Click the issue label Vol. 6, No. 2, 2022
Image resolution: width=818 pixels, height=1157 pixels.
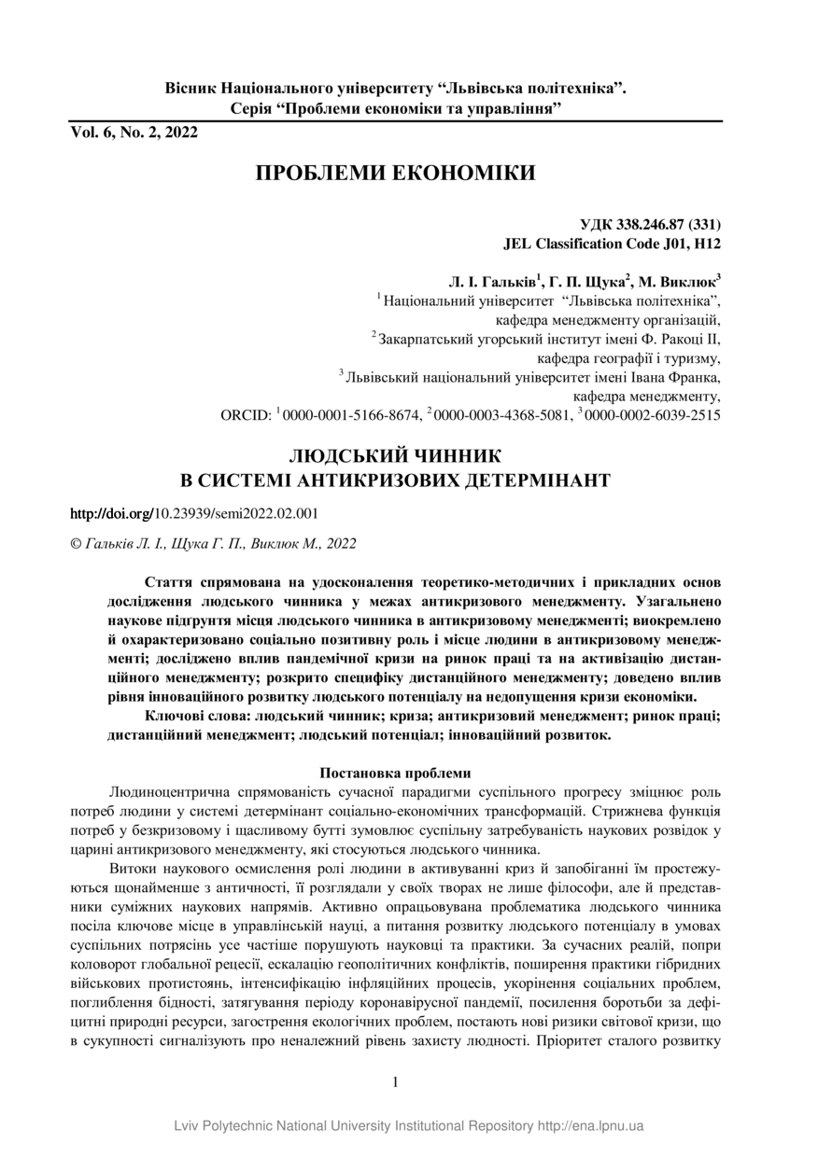point(134,132)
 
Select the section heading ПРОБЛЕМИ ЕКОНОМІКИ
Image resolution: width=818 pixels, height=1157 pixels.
point(395,174)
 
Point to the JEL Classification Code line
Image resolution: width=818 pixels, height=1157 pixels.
point(611,244)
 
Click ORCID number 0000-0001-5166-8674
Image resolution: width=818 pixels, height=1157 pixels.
point(351,415)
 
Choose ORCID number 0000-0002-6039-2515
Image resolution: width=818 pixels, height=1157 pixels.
point(653,415)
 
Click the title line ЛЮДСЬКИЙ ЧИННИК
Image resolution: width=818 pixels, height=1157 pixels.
point(395,456)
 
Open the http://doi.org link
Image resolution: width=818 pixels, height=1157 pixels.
point(111,513)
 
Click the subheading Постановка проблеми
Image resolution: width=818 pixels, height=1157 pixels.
point(395,773)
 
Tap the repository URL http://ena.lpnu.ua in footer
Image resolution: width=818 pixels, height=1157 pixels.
point(590,1126)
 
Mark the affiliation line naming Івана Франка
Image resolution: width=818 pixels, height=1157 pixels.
point(533,378)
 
